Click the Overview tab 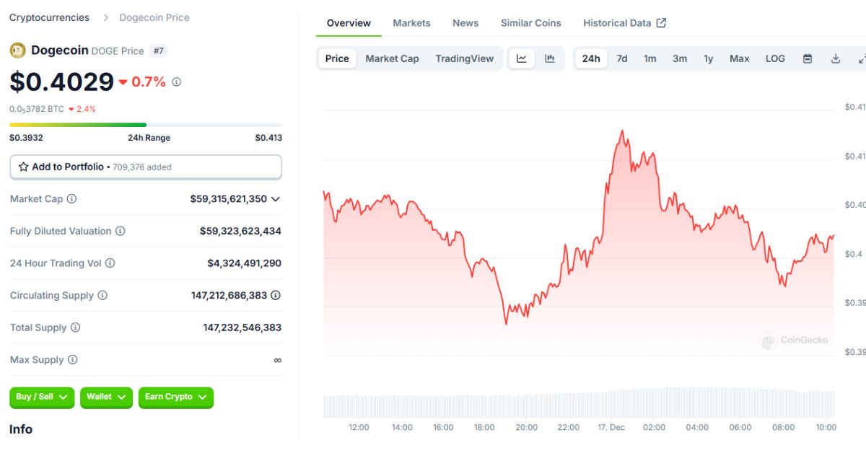click(x=349, y=23)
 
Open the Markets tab click(x=411, y=23)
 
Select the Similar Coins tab click(x=530, y=23)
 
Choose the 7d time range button click(x=621, y=58)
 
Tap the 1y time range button click(x=708, y=58)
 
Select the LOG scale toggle click(x=775, y=58)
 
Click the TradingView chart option click(x=464, y=58)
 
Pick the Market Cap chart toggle click(x=392, y=58)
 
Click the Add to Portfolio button click(x=145, y=167)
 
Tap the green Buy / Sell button click(x=41, y=397)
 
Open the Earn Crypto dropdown click(x=175, y=397)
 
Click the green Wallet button click(x=106, y=397)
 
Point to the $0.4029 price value click(x=61, y=82)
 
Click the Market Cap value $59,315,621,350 click(x=228, y=198)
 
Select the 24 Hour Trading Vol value click(x=244, y=263)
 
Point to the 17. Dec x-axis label click(x=611, y=427)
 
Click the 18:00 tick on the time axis click(x=484, y=427)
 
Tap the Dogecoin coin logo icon click(x=17, y=50)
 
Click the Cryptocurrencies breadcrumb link click(x=49, y=17)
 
